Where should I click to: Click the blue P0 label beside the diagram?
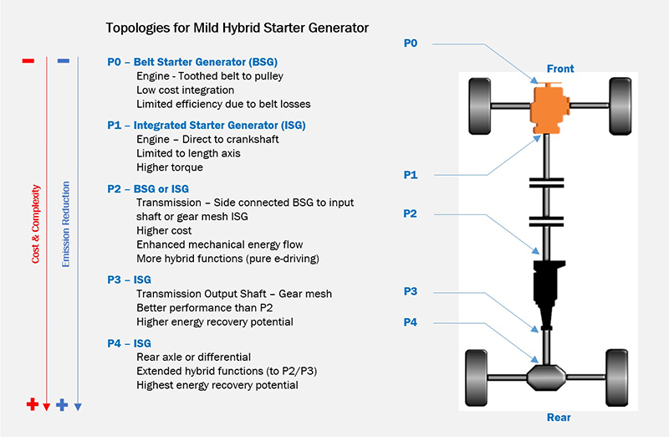point(411,43)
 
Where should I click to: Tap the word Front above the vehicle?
point(560,68)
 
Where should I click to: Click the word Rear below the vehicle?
point(559,416)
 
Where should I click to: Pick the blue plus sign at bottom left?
point(62,405)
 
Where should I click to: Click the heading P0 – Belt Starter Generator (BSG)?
point(192,62)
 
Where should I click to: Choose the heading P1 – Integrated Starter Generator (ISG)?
point(207,125)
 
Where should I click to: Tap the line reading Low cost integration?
point(185,90)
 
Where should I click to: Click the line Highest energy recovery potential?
point(217,385)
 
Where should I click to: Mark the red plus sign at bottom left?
point(32,405)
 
